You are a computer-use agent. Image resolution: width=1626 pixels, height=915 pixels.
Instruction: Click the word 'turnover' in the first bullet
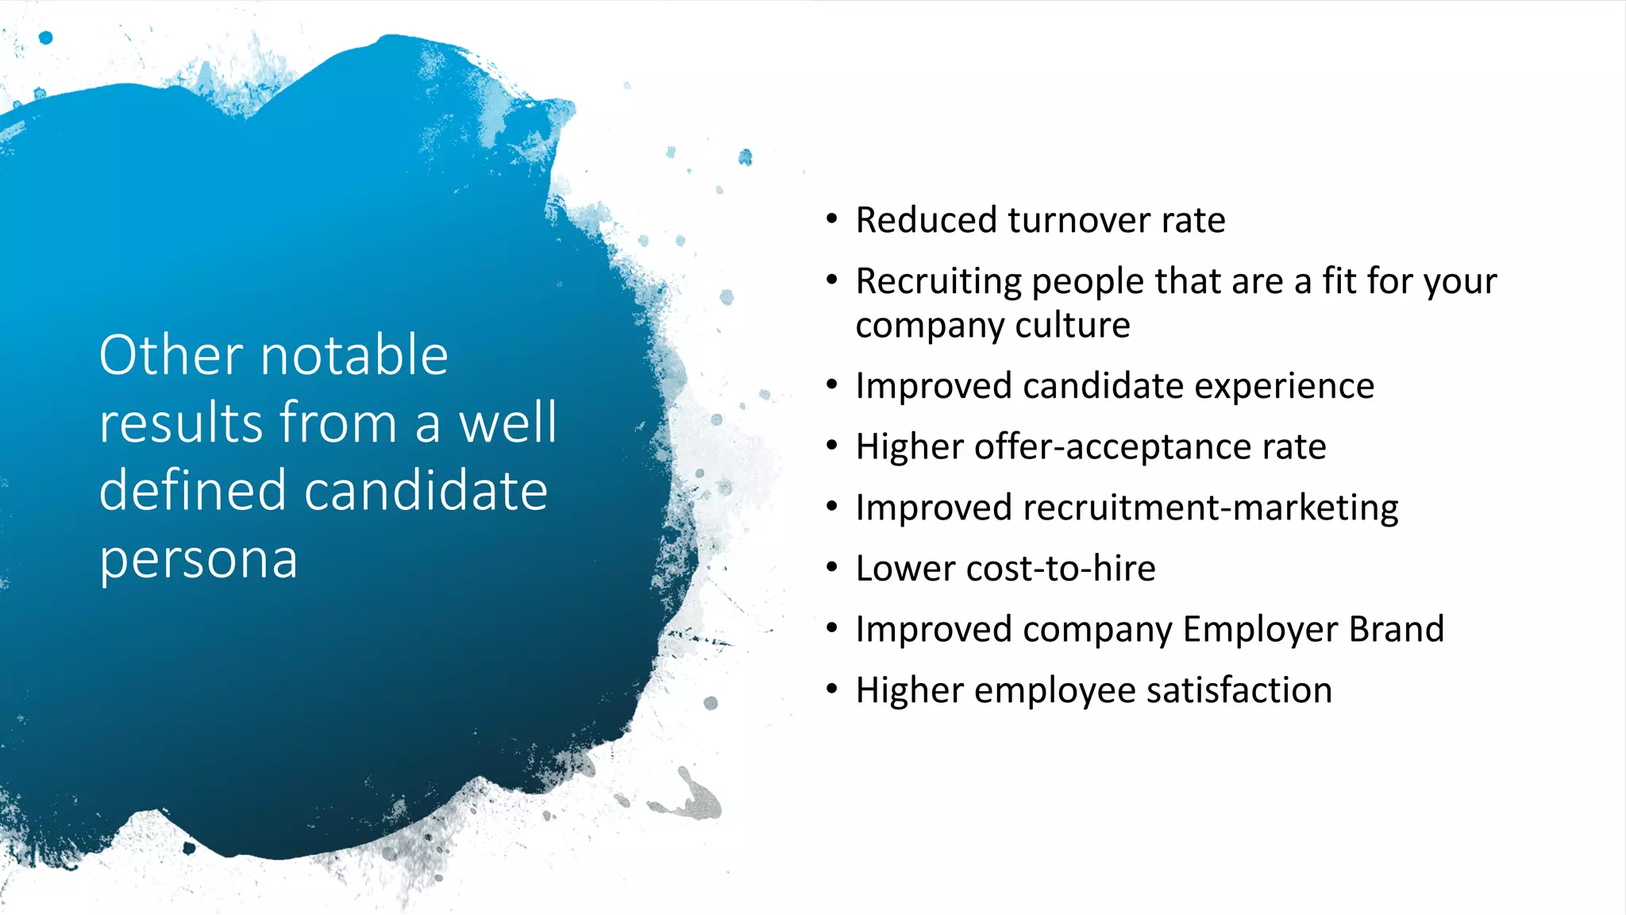[1078, 220]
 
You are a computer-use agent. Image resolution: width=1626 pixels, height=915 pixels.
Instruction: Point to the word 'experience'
[1284, 387]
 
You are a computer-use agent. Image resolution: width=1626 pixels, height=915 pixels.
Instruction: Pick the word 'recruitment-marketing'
[1211, 508]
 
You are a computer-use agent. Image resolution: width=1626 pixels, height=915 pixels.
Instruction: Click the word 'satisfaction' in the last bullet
[1239, 690]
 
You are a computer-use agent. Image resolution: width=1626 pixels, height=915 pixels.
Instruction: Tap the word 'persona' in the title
[198, 559]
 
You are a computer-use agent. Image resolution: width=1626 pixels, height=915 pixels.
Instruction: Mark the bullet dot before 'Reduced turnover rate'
[831, 219]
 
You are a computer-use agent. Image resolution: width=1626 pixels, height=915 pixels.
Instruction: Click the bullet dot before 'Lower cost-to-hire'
[831, 568]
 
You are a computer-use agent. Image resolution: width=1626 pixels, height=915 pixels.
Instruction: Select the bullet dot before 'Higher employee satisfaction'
[831, 689]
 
